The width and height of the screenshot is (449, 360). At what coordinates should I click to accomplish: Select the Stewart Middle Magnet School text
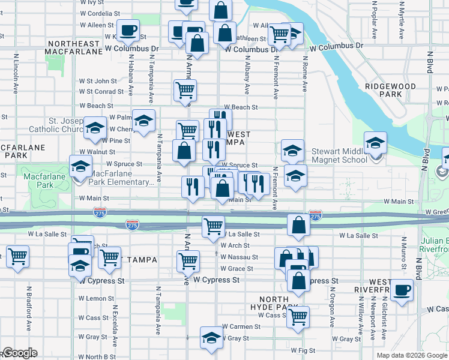(340, 155)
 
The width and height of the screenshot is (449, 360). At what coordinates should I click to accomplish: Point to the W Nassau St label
(239, 257)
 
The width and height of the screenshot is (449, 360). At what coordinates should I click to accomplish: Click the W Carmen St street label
(240, 327)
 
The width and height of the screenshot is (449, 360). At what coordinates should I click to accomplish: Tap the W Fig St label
(303, 350)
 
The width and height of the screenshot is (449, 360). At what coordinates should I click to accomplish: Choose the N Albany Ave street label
(247, 75)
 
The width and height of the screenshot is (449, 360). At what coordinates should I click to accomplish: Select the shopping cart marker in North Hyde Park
(298, 317)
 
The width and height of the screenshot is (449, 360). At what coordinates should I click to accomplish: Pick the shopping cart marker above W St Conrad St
(185, 90)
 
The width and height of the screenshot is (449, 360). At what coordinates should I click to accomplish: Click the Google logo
(20, 353)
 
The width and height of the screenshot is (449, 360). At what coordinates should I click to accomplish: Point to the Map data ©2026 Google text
(411, 355)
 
